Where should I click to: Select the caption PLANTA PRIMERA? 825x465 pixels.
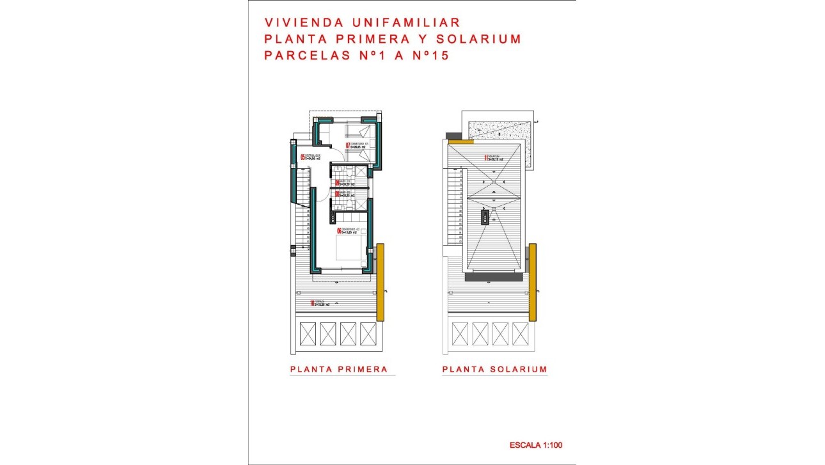339,369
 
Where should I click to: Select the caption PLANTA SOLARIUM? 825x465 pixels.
494,369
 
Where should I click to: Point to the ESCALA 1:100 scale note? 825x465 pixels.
536,445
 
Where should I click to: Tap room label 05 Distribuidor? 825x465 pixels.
310,157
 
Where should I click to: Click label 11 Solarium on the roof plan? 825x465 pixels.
494,158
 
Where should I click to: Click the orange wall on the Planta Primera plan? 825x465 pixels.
380,281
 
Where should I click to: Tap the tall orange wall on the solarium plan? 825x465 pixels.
533,281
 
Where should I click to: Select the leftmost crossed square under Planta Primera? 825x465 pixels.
308,333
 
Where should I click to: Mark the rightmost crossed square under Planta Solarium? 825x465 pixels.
520,333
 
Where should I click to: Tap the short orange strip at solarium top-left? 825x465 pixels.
460,141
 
